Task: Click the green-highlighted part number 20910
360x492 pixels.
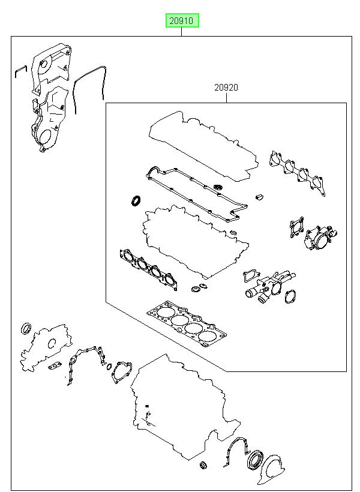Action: point(182,21)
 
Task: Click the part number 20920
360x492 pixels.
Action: point(226,88)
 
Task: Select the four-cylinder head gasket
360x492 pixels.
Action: point(187,324)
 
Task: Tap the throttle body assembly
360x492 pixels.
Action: point(319,238)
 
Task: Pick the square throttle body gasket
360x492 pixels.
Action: point(296,227)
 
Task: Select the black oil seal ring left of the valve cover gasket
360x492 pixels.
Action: point(136,201)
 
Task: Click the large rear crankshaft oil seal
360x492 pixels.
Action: point(256,460)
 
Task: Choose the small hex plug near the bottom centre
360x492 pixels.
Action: point(203,465)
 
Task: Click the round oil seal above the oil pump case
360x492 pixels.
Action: point(26,328)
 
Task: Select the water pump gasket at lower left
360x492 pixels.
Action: point(121,372)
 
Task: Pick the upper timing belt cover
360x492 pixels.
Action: point(51,68)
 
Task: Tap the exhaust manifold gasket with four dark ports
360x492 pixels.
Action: point(148,269)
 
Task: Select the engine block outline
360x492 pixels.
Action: point(185,408)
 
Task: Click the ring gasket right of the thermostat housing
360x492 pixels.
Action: point(290,297)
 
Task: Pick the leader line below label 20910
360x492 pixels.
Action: point(181,32)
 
